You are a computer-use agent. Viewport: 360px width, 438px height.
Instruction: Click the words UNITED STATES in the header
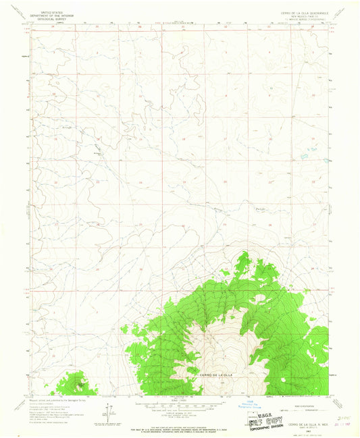[49, 13]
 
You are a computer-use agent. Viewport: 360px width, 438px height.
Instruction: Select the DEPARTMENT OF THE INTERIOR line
[49, 16]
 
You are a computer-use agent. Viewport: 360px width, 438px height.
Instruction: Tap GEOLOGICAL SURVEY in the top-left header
[49, 20]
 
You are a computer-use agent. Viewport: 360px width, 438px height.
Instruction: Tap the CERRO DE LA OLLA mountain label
[215, 374]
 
